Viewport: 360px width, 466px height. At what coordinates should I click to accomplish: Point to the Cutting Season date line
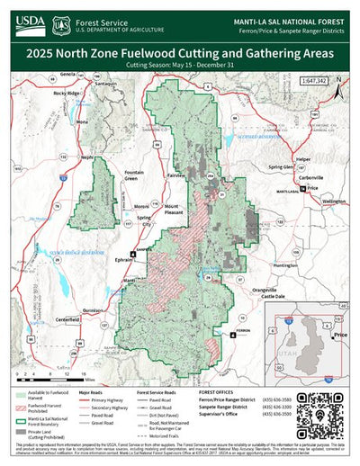click(179, 66)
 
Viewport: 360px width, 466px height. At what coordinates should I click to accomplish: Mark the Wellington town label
click(333, 202)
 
